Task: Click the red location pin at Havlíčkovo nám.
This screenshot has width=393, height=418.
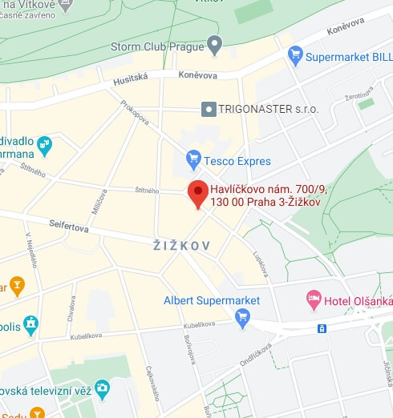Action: (197, 193)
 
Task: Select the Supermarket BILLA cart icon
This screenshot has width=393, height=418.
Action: (295, 56)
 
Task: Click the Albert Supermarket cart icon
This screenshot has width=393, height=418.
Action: (242, 319)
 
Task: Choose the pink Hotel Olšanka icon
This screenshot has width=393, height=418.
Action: (314, 301)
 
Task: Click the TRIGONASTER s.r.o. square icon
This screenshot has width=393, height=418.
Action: (209, 107)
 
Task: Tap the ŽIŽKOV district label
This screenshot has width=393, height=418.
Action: (182, 246)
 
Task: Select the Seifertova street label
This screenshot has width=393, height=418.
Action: (69, 226)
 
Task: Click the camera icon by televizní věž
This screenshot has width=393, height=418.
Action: (102, 390)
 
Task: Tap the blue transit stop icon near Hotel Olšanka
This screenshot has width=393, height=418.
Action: (322, 328)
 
